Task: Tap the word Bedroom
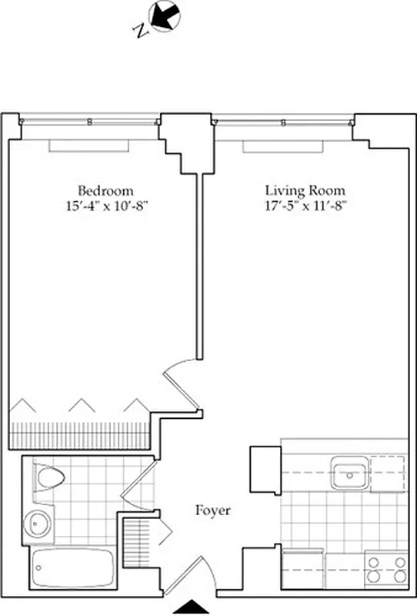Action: (105, 190)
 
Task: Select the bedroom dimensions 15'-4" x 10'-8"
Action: (105, 205)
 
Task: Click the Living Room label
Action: (305, 190)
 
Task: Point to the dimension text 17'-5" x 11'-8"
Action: (305, 205)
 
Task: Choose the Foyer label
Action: (212, 510)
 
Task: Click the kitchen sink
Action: (350, 471)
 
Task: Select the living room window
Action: (283, 121)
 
